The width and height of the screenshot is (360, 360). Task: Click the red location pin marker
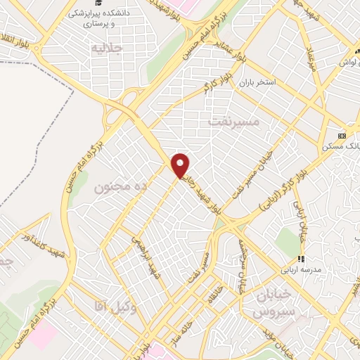coord(181,165)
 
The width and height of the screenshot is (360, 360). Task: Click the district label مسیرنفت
coord(235,122)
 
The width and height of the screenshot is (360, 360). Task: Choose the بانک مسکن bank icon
coord(342,135)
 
